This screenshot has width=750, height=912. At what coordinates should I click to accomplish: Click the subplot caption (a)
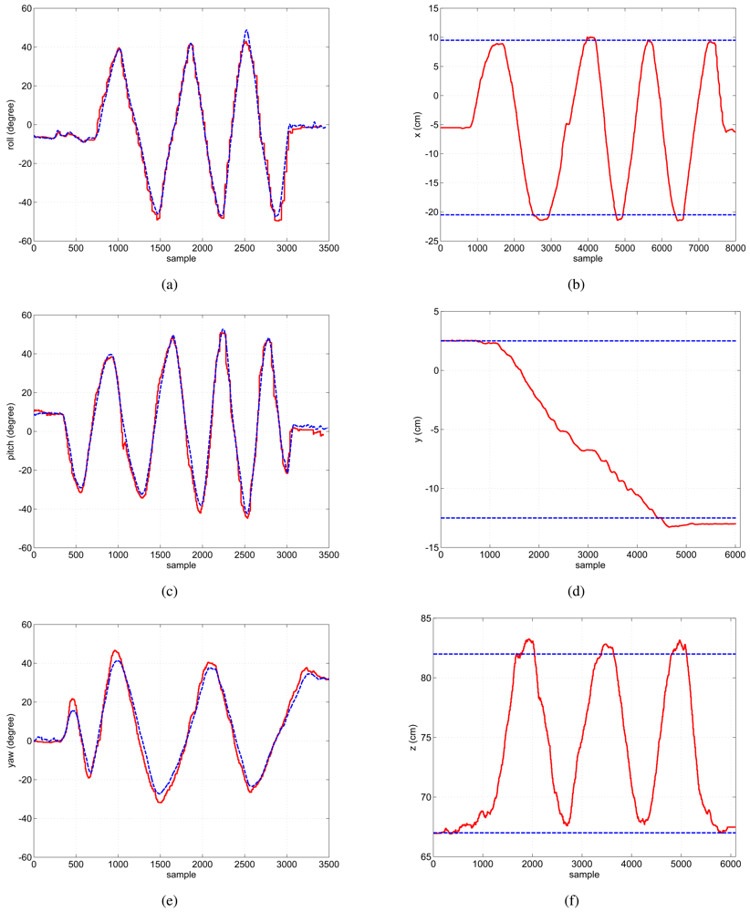tap(169, 285)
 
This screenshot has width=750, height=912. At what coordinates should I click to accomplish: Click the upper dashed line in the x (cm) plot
tap(547, 40)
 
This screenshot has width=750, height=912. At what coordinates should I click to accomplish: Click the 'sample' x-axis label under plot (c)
tap(182, 566)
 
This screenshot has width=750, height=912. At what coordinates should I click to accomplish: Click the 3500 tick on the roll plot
tap(329, 248)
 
